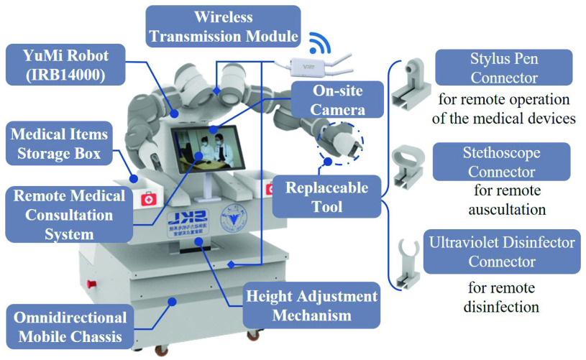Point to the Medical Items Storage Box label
point(58,144)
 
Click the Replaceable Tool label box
point(326,197)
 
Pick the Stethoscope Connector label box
point(501,162)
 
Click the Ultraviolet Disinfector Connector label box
point(501,251)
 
